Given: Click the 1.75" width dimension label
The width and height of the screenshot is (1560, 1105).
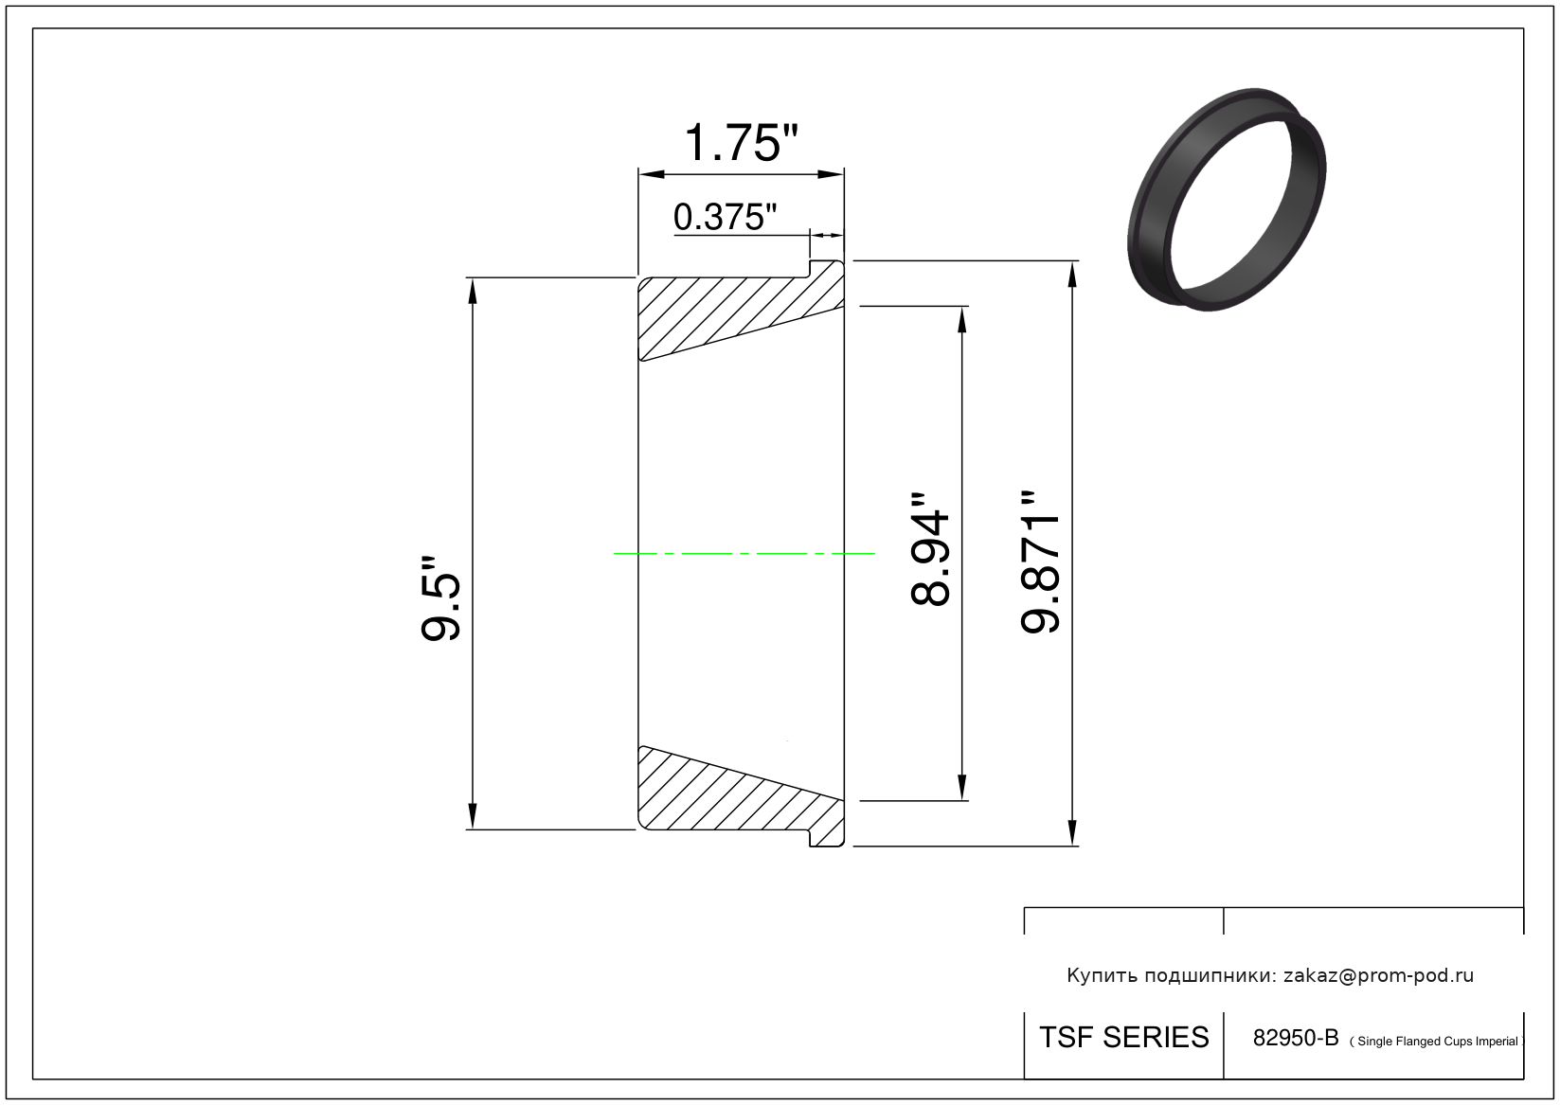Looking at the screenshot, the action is tap(741, 143).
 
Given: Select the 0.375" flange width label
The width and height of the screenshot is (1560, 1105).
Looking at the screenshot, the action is tap(725, 217).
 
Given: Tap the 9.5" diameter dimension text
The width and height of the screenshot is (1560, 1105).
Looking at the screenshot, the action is tap(440, 598).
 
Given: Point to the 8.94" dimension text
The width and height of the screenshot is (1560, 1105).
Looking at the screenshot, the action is tap(930, 550).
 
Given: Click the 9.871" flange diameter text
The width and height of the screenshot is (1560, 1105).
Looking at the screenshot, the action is tap(1039, 561).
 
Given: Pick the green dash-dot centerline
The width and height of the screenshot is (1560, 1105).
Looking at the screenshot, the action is tap(744, 554).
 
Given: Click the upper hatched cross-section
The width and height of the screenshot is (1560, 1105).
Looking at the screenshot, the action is tap(742, 312).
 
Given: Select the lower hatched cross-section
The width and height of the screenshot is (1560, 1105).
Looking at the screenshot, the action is tap(742, 796).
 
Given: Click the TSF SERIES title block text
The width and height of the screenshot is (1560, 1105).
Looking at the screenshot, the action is tap(1124, 1038).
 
